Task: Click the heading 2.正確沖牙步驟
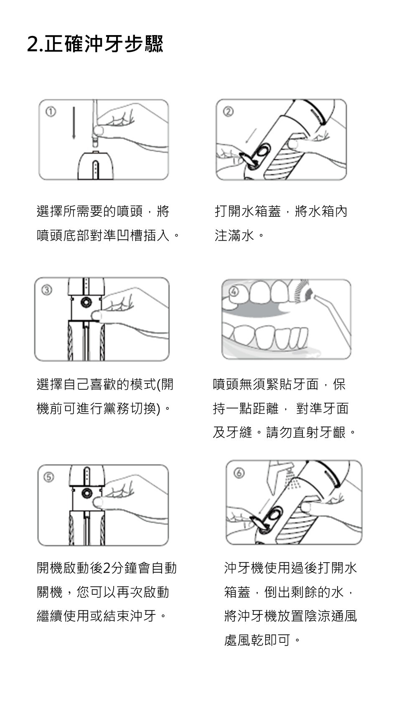(95, 43)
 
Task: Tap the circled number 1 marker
(51, 112)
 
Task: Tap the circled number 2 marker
(228, 112)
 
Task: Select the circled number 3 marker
(47, 290)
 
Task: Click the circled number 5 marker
(49, 477)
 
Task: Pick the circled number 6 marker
(239, 473)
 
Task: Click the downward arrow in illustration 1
(74, 123)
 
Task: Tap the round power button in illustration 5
(86, 493)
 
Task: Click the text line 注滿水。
(239, 236)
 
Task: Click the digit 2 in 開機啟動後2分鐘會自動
(107, 568)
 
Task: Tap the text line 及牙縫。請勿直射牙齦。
(284, 432)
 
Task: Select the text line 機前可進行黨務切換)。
(104, 409)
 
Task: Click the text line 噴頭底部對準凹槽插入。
(108, 236)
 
